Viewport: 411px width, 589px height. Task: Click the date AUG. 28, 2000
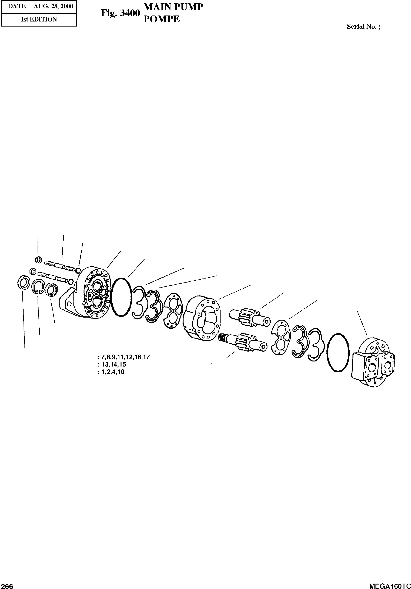click(x=53, y=6)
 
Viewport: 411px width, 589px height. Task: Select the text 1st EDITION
click(x=39, y=19)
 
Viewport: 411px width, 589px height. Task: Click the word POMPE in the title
click(x=161, y=19)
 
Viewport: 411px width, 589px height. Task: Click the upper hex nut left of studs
click(x=38, y=260)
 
